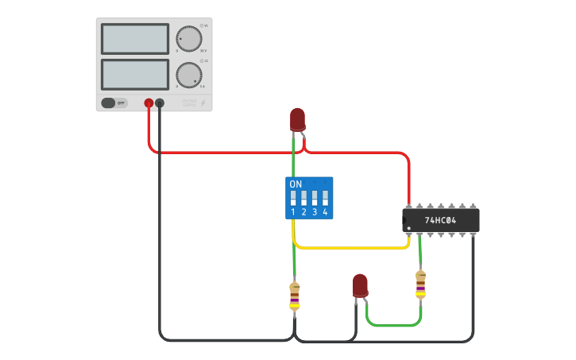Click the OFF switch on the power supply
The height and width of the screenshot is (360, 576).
coord(114,103)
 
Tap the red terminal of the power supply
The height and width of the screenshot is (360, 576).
coord(149,103)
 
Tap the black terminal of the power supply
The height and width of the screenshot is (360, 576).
coord(160,103)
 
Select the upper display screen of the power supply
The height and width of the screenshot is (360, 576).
coord(135,39)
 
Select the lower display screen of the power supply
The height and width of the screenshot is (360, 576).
coord(135,75)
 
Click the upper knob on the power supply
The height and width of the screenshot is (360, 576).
coord(189,38)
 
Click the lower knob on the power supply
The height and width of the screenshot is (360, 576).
coord(189,75)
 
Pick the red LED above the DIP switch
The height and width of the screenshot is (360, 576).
coord(297,119)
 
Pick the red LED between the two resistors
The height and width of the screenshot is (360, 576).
coord(360,285)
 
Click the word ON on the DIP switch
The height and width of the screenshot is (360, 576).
coord(296,184)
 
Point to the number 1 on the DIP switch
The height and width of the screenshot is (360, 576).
coord(293,212)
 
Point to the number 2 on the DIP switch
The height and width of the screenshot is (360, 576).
coord(303,212)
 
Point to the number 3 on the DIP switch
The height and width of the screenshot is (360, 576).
coord(315,212)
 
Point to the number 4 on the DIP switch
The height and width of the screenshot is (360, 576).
coord(325,212)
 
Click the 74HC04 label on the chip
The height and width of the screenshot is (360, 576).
coord(440,220)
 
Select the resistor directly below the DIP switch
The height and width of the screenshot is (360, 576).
coord(295,297)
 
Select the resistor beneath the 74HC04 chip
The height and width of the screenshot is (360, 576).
coord(420,285)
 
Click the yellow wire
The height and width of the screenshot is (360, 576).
coord(350,248)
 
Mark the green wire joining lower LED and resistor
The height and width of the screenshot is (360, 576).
coord(393,325)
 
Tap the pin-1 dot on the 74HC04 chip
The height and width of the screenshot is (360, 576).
coord(409,230)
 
